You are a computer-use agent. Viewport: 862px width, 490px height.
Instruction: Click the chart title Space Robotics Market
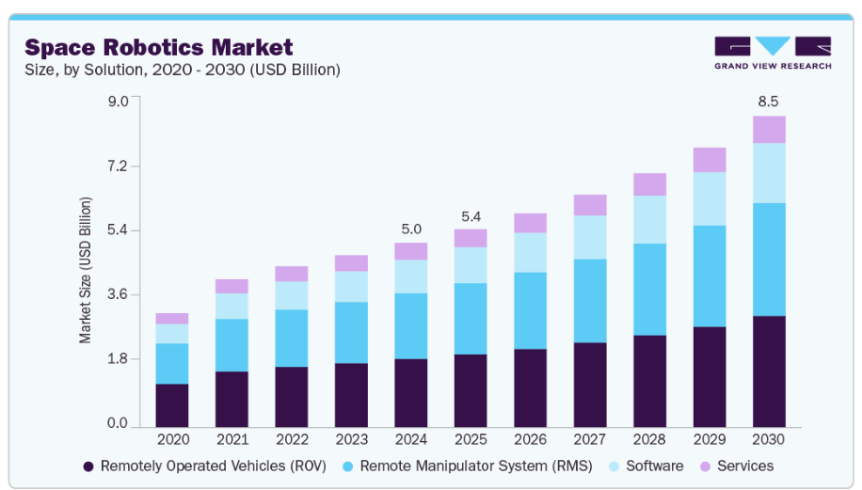158,47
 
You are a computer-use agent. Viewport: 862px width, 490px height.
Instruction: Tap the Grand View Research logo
772,53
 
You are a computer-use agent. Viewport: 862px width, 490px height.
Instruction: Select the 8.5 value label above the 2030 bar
768,102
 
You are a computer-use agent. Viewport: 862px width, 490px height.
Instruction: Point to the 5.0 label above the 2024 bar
410,229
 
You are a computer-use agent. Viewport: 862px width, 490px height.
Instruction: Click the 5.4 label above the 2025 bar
471,216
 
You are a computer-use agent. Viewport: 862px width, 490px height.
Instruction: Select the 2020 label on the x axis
172,439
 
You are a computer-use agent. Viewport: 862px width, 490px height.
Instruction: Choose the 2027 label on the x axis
589,439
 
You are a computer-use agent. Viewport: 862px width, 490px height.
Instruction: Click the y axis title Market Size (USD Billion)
86,270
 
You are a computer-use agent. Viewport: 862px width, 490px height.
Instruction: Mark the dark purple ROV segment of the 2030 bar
768,371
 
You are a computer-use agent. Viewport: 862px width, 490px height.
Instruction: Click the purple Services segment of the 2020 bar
172,318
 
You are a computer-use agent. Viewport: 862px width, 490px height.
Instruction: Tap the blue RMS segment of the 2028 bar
649,289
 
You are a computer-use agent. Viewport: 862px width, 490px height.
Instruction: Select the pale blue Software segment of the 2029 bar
709,198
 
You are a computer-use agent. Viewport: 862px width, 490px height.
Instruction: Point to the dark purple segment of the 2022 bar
292,396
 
